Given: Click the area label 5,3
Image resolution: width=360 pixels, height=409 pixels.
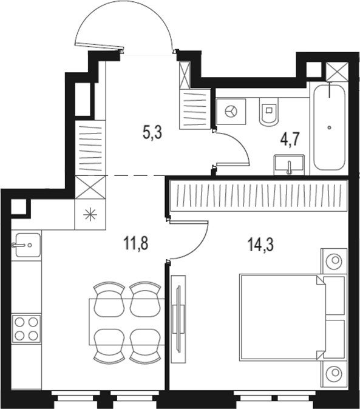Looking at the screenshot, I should (x=152, y=133).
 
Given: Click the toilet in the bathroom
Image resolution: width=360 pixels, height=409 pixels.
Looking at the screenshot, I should (x=267, y=113).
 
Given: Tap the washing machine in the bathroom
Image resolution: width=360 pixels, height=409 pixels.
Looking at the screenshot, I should (x=231, y=112).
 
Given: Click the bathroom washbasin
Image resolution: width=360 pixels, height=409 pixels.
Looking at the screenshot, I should (x=290, y=164).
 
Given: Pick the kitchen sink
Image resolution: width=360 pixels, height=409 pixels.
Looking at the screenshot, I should (x=25, y=245).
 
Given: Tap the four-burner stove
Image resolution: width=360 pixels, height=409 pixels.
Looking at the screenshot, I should (x=26, y=328).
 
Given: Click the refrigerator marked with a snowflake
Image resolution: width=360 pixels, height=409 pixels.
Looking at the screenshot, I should (x=90, y=214).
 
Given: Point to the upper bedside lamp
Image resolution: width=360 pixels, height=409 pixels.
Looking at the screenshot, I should (x=333, y=261).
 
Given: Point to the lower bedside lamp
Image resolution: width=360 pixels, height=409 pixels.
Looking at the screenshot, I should (x=333, y=373).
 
